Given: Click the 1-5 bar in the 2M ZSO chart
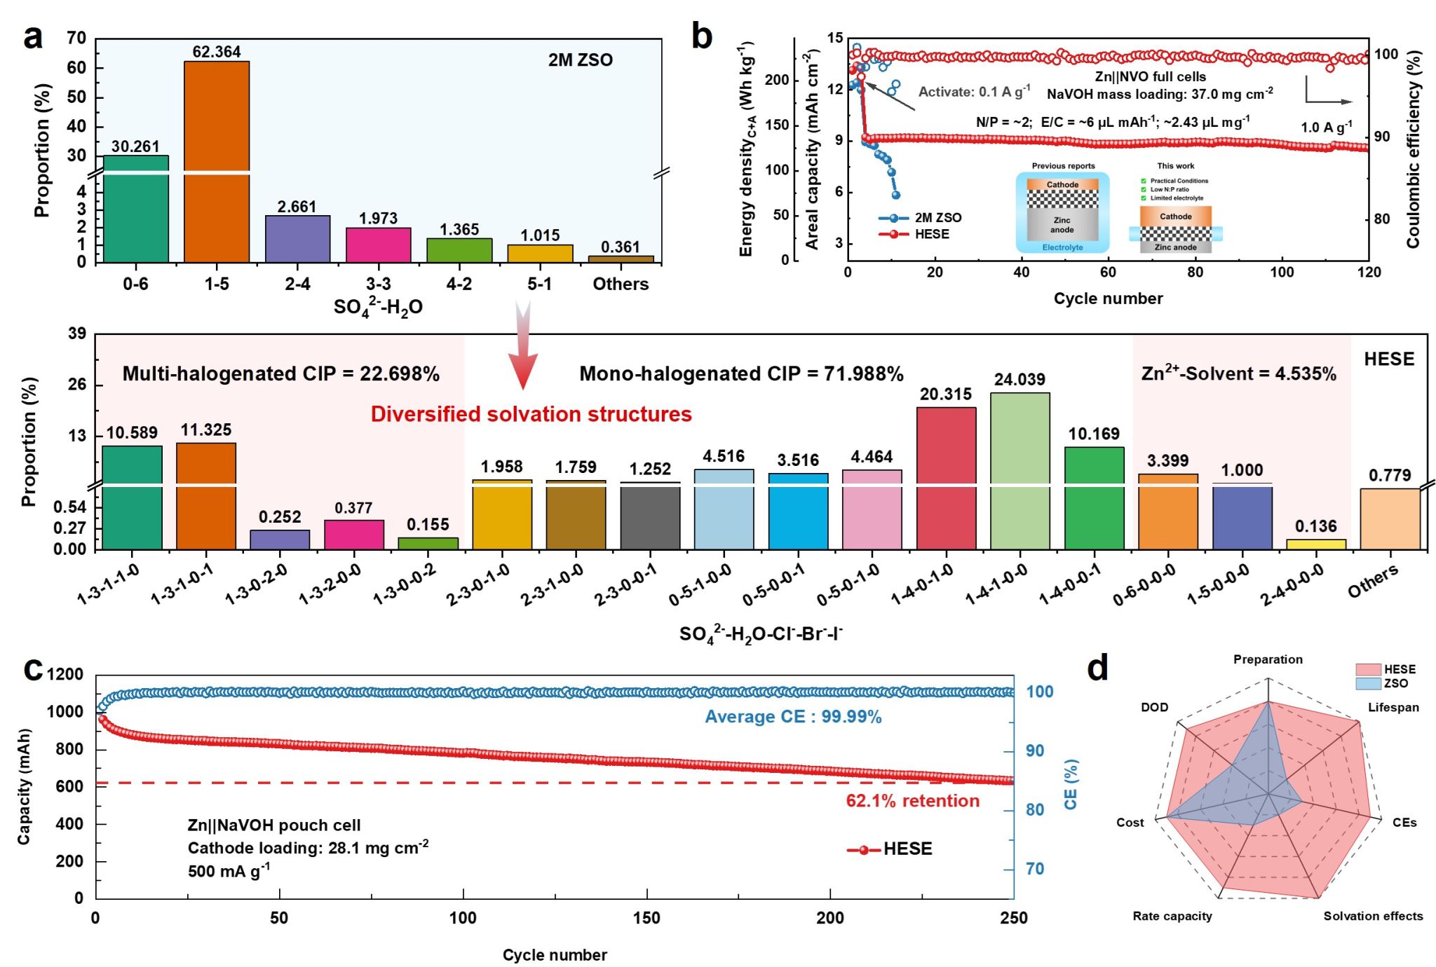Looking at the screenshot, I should coord(217,161).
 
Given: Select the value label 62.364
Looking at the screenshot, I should coord(217,52).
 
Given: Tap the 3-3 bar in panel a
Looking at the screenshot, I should coord(378,245).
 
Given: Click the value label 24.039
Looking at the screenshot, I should coord(1020,380).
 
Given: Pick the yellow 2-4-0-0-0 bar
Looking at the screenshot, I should coord(1315,544).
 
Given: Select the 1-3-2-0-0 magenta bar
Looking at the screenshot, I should coord(353,534).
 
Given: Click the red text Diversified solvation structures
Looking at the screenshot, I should coord(531,414).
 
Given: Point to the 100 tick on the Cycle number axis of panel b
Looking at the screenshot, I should coord(1282,273).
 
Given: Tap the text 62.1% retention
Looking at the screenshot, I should coord(912,801).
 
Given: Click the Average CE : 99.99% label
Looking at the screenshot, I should coord(793,717).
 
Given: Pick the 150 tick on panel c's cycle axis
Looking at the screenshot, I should coord(646,918).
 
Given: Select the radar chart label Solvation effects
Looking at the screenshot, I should coord(1373,916).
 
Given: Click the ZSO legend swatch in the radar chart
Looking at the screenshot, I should coord(1368,683).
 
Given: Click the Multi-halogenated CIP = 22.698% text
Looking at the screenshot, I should coord(280,374).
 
